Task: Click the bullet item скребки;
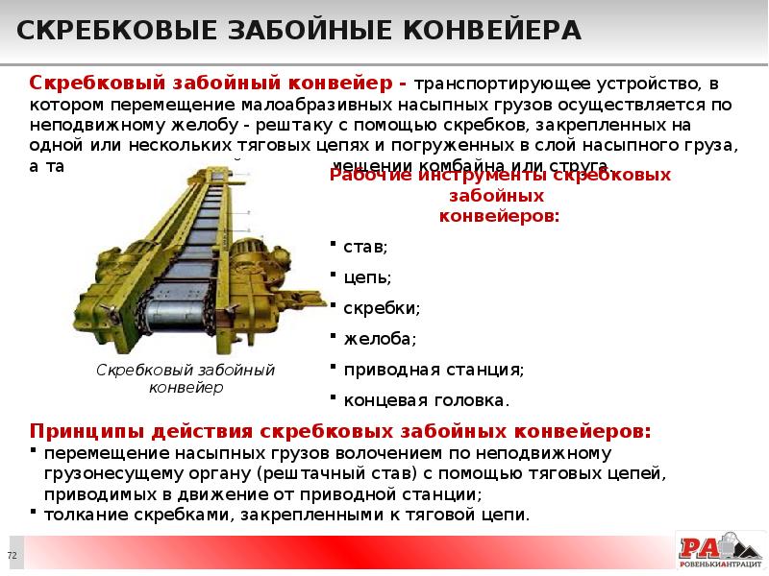tap(381, 308)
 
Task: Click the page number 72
tap(12, 556)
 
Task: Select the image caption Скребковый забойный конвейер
tap(186, 379)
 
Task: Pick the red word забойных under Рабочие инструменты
tap(499, 196)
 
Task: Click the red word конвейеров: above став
tap(499, 216)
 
